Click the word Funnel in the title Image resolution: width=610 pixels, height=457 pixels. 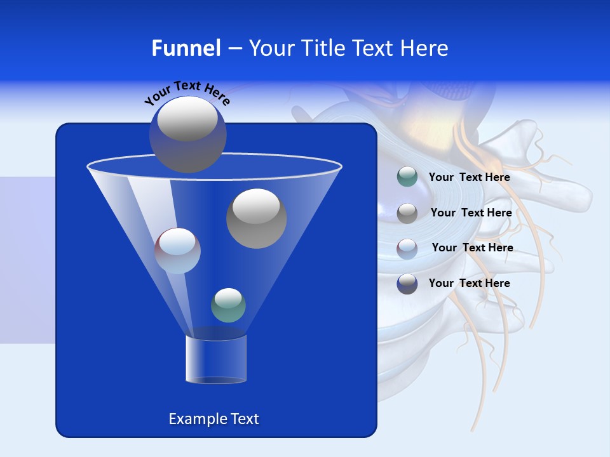click(x=186, y=48)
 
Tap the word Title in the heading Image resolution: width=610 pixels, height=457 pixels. click(x=322, y=48)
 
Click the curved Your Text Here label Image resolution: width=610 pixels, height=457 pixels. click(x=187, y=93)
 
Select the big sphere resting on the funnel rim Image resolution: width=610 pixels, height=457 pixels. click(x=187, y=135)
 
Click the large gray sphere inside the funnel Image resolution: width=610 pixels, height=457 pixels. click(x=257, y=218)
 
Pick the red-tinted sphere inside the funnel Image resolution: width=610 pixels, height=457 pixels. click(x=178, y=251)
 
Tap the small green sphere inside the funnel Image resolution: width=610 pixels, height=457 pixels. click(x=228, y=305)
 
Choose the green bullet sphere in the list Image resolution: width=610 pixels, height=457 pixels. click(x=407, y=177)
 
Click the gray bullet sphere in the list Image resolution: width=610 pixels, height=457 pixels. click(x=407, y=213)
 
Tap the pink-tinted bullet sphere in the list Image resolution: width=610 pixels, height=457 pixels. click(x=407, y=248)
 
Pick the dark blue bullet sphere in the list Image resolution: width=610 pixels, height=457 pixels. click(x=407, y=284)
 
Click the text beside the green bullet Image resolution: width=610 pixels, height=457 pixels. click(x=469, y=177)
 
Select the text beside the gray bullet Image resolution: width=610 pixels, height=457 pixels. click(x=471, y=213)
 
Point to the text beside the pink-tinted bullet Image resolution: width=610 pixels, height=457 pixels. click(x=472, y=248)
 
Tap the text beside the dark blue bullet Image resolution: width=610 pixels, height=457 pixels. click(x=469, y=283)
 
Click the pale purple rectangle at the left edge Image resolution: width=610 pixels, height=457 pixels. click(x=27, y=260)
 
